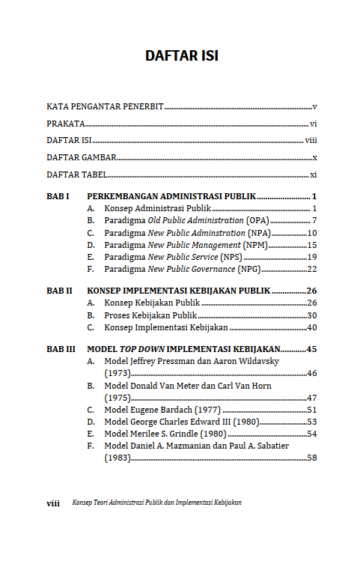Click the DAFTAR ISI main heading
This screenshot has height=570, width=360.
[181, 56]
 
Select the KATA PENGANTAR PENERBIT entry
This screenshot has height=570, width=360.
[105, 107]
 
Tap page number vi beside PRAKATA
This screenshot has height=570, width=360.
[314, 124]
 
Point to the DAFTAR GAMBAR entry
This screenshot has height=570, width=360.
[81, 157]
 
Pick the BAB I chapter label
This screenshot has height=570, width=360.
[58, 196]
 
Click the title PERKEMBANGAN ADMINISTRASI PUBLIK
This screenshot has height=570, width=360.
[171, 196]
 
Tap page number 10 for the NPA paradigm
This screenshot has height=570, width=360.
[312, 233]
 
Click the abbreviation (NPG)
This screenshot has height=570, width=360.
[248, 269]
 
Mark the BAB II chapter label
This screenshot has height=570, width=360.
[59, 291]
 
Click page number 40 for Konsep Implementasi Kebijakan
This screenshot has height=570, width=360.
[312, 327]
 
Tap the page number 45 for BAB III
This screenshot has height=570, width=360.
[312, 349]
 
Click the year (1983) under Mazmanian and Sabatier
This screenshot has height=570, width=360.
[117, 458]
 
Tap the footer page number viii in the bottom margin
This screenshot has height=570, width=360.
[53, 503]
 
